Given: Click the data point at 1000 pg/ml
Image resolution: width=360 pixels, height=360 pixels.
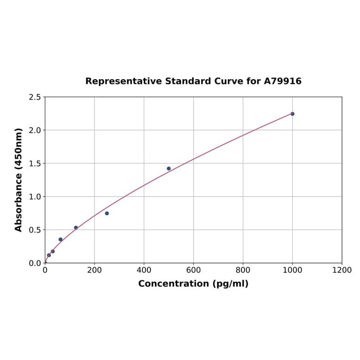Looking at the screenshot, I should click(x=292, y=114).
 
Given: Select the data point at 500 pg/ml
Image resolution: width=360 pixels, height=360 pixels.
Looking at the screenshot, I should click(x=169, y=168).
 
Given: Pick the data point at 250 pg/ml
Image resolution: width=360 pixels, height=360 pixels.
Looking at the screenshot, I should click(x=107, y=213).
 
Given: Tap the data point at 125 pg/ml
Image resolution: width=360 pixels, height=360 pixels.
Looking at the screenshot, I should click(x=76, y=228).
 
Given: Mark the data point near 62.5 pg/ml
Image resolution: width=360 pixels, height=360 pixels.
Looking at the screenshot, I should click(x=60, y=239).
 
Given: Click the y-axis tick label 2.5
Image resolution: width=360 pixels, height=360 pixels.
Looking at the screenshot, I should click(x=35, y=97).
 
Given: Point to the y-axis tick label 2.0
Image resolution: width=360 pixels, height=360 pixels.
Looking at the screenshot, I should click(x=35, y=130).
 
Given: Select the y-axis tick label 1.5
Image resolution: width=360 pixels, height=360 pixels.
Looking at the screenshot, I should click(x=35, y=164).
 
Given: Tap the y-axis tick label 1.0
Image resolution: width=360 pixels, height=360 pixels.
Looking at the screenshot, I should click(x=35, y=196).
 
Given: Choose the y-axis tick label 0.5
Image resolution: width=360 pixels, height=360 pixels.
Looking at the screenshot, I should click(x=35, y=230).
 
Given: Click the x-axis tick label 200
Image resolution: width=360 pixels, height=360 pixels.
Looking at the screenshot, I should click(x=94, y=270).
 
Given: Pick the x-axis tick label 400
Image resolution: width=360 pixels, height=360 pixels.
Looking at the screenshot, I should click(x=144, y=270).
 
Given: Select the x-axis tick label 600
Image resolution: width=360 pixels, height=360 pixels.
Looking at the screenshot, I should click(x=193, y=270).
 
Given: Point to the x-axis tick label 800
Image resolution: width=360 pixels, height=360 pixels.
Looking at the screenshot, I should click(x=243, y=270).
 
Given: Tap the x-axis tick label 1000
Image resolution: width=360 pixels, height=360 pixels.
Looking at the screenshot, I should click(x=292, y=270).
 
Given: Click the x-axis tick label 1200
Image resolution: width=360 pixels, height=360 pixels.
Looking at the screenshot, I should click(x=342, y=270).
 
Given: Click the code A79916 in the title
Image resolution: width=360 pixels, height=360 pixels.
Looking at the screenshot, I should click(x=282, y=81).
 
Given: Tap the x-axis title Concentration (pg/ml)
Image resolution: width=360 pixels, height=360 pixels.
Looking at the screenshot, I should click(x=193, y=284).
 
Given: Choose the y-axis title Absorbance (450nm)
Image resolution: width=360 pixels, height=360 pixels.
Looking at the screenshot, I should click(x=19, y=180).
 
